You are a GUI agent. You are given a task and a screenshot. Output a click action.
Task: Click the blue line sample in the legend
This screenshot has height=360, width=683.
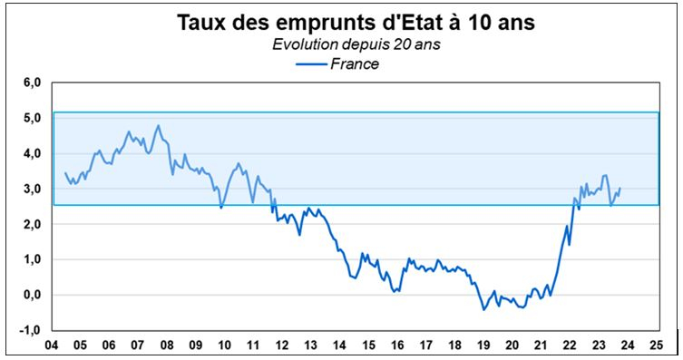(x=310, y=64)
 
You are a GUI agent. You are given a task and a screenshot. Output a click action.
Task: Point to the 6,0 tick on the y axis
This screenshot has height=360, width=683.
(x=34, y=83)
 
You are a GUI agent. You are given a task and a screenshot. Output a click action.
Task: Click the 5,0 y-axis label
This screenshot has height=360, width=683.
(x=34, y=118)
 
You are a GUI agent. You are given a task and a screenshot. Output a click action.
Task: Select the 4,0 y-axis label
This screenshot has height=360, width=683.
(x=34, y=153)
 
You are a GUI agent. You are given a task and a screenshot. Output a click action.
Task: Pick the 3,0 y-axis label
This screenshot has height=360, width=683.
(x=34, y=189)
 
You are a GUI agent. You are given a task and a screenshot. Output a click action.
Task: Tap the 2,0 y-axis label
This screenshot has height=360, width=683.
(x=34, y=224)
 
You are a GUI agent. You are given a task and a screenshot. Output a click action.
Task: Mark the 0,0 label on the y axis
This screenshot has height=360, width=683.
(x=34, y=295)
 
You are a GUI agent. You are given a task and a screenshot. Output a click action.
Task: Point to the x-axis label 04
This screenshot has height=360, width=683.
(x=53, y=345)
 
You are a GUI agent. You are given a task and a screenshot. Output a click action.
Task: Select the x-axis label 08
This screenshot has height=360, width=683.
(x=167, y=345)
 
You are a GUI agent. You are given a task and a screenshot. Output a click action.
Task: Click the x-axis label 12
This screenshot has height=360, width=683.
(x=281, y=345)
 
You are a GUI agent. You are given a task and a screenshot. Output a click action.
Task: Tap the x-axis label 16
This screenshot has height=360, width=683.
(x=395, y=345)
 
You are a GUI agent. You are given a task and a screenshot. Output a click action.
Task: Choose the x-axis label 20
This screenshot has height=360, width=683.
(x=511, y=345)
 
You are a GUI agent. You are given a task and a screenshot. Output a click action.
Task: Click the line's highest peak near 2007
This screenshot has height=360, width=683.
(x=158, y=125)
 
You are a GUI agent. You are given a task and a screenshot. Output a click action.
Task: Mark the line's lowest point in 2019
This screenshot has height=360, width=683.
(x=483, y=310)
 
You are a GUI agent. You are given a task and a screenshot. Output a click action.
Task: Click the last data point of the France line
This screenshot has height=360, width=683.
(x=620, y=188)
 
